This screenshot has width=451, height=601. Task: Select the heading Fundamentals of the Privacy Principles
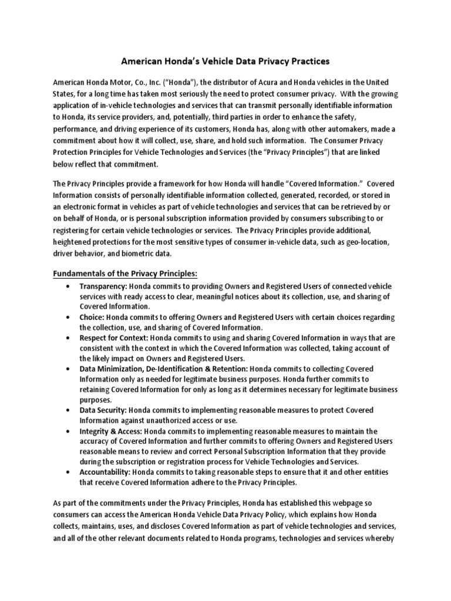[x=126, y=273]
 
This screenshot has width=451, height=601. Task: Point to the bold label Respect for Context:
[x=114, y=338]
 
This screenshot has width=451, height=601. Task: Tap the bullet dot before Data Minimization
[x=70, y=369]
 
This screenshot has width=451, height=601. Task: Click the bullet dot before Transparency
[x=70, y=286]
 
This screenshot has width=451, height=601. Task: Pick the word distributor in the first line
[x=229, y=81]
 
